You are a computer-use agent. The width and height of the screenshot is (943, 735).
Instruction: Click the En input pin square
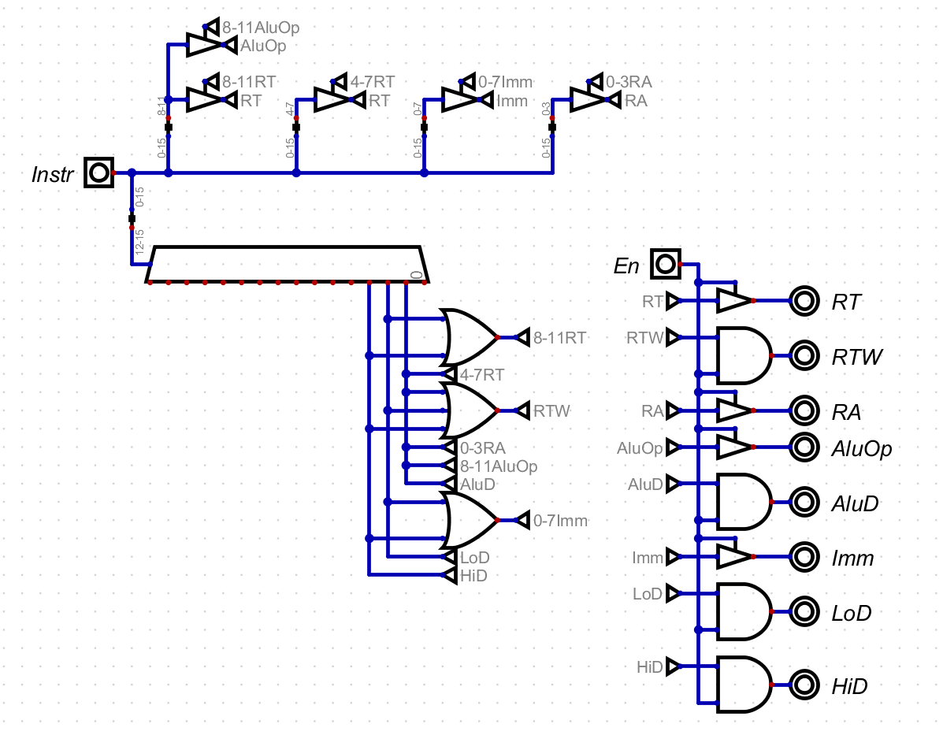tap(665, 263)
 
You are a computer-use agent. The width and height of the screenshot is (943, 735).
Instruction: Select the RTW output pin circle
tap(804, 356)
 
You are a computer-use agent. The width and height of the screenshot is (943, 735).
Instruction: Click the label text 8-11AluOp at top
tap(260, 28)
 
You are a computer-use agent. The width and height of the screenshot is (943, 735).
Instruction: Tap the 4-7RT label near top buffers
tap(373, 81)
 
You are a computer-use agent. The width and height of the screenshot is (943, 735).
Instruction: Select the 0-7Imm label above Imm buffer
tap(506, 81)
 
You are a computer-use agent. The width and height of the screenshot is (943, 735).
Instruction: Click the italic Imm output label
tap(852, 559)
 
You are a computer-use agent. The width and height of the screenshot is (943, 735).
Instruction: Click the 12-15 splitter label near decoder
tap(139, 245)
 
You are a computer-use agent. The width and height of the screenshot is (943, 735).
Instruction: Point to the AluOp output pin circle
tap(804, 447)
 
